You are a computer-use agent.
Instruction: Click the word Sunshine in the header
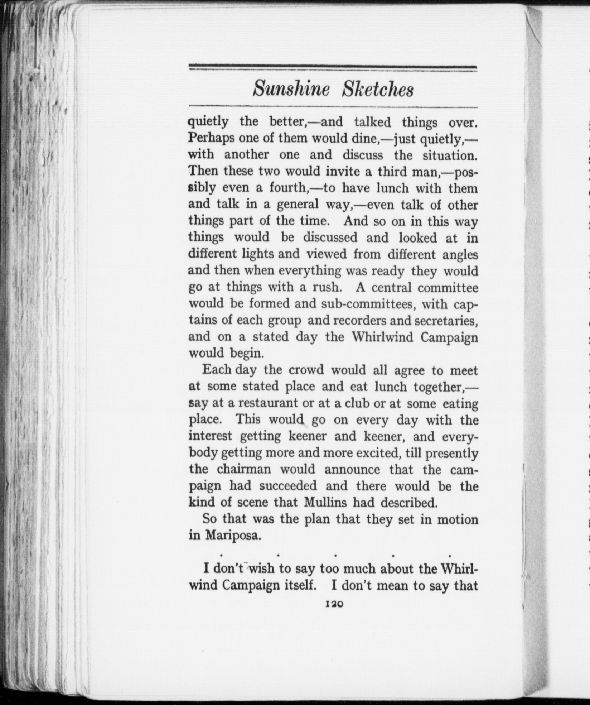(291, 90)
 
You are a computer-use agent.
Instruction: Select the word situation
(450, 155)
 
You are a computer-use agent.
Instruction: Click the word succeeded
(288, 486)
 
